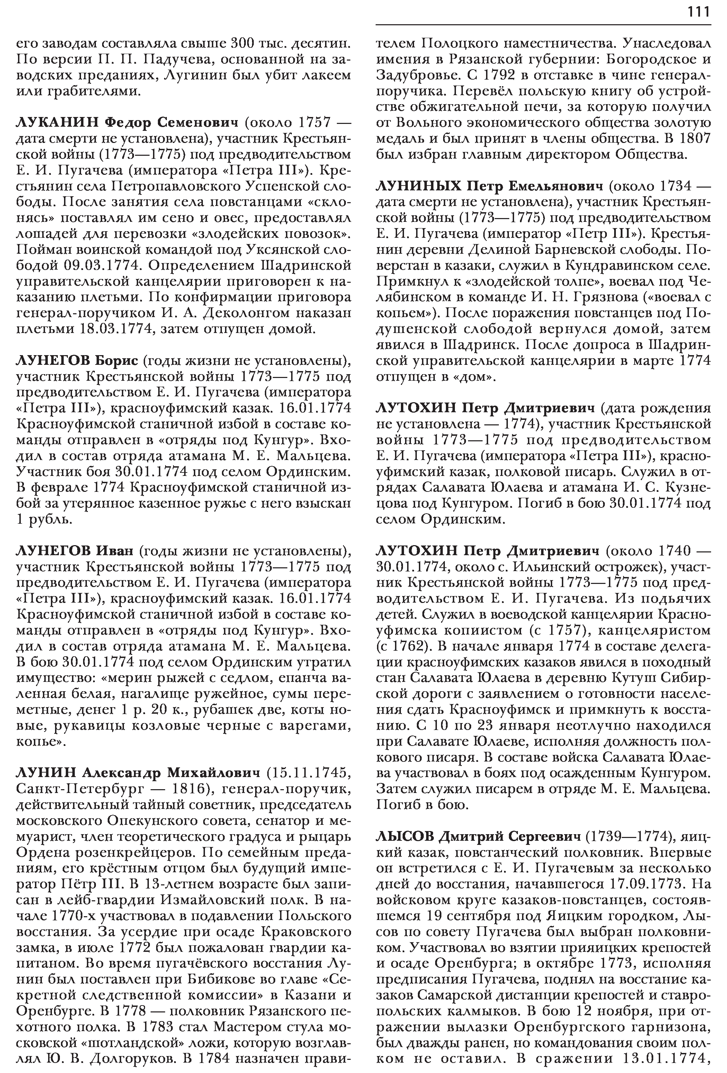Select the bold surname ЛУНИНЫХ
click(x=419, y=186)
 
